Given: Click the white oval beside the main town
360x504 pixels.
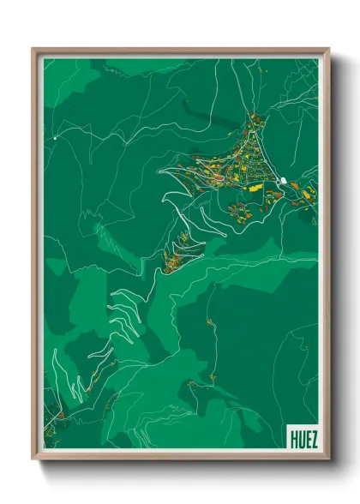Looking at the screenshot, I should pyautogui.click(x=283, y=180).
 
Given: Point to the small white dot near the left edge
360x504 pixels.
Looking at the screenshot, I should pyautogui.click(x=55, y=137).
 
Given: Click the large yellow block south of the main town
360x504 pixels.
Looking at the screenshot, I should pyautogui.click(x=255, y=186).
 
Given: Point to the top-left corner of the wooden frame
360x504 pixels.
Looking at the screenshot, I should pyautogui.click(x=33, y=49).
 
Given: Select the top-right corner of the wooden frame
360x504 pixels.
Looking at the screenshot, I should pyautogui.click(x=328, y=49).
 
